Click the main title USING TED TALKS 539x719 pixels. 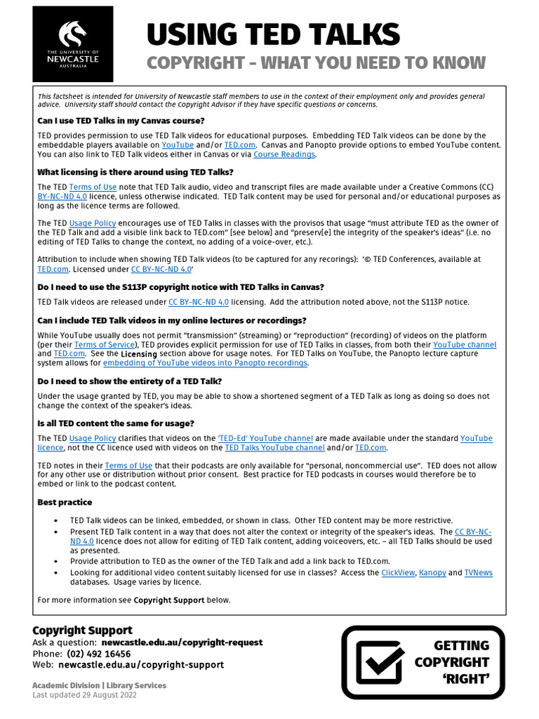(273, 34)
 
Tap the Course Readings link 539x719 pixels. (284, 154)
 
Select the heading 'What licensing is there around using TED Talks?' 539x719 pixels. (135, 172)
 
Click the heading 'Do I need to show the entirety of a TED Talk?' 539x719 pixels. (129, 381)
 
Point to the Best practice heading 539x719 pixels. (65, 502)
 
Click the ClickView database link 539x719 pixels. (397, 572)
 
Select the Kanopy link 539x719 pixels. (432, 572)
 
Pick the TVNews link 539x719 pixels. (478, 572)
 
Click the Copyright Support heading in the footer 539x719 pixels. (82, 630)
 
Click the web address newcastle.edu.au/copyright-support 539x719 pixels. (141, 664)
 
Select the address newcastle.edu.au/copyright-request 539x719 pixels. (182, 642)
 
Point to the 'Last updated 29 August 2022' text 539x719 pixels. (85, 695)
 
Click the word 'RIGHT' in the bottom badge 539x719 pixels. (466, 678)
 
